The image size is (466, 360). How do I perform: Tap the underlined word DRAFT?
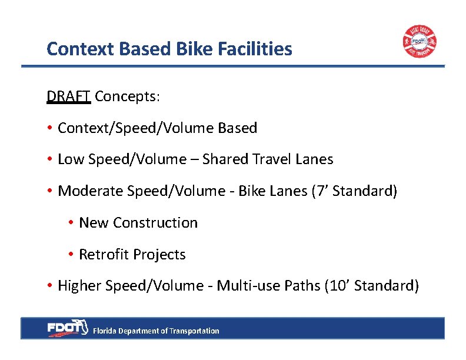click(68, 96)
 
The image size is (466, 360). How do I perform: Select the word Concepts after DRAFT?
click(127, 96)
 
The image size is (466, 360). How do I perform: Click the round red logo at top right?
click(420, 42)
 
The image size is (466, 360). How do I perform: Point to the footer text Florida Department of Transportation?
click(156, 331)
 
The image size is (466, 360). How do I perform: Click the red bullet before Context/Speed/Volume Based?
click(51, 128)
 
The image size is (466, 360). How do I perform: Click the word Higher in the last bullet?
click(79, 286)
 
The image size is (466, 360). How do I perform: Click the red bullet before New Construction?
click(71, 223)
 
